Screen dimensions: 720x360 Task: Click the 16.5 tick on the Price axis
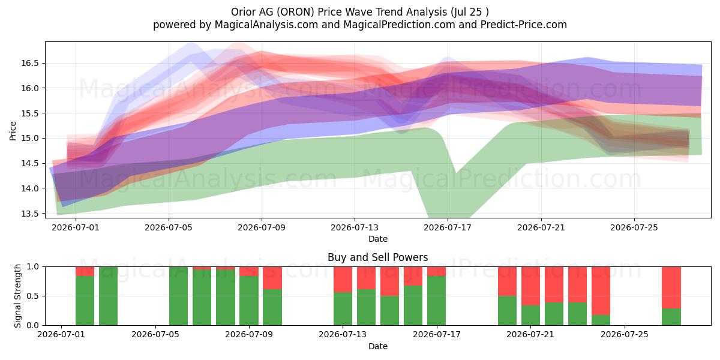coord(29,63)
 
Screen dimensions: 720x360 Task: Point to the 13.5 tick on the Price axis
coord(29,214)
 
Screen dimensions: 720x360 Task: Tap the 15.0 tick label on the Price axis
coord(29,138)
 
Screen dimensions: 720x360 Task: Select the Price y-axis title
coord(13,131)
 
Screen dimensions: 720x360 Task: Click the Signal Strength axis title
coord(17,296)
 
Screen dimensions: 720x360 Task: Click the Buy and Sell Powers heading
coord(377,257)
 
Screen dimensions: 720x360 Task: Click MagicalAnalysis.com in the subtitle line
coord(266,25)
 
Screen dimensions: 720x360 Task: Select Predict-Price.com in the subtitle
coord(524,25)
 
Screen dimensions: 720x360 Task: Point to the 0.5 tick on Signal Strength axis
coord(33,296)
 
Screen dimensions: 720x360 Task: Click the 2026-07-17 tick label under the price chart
coord(448,227)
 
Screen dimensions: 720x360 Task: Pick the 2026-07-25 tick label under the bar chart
coord(625,334)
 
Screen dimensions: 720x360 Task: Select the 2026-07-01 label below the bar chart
coord(61,334)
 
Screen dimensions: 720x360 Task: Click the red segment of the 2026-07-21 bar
coord(530,286)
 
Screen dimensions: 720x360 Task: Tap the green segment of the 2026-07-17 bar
coord(437,301)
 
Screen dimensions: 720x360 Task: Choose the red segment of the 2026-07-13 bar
coord(343,280)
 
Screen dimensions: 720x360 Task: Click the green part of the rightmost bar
coord(671,317)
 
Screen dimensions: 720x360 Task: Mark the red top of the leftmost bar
coord(85,271)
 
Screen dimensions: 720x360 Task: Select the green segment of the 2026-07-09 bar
coord(249,301)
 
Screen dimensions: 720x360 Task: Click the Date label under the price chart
coord(377,239)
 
